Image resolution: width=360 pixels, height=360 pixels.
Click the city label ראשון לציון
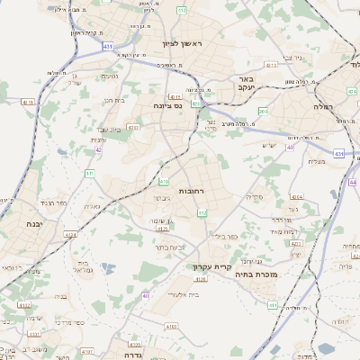183,44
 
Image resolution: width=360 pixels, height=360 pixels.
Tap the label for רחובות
193,192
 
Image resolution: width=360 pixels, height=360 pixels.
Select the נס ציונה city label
167,104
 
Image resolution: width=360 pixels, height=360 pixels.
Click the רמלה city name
324,105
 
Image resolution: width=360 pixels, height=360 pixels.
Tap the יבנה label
34,223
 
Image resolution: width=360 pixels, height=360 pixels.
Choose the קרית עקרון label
212,267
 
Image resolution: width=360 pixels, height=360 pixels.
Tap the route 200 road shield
263,111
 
